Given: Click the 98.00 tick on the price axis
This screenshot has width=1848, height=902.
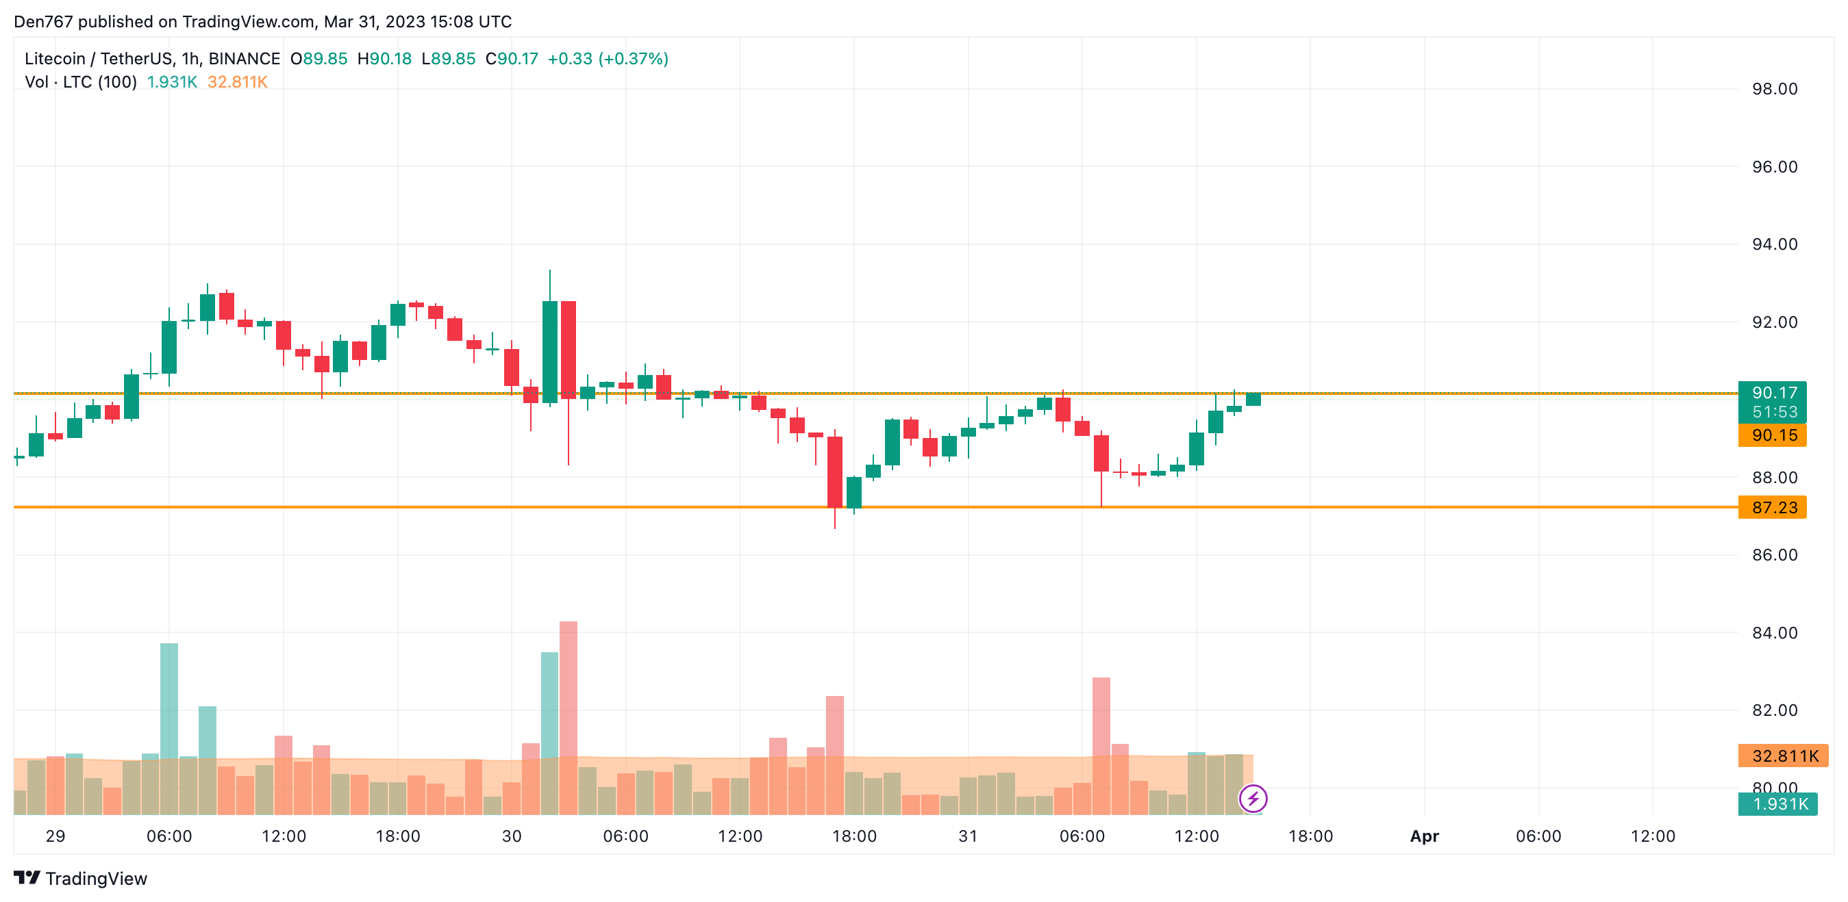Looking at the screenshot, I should point(1774,89).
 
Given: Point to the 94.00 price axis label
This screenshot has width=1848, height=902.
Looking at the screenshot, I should point(1774,244).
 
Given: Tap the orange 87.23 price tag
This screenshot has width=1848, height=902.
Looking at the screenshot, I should point(1771,508).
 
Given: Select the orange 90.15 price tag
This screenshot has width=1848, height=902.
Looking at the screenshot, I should point(1771,435).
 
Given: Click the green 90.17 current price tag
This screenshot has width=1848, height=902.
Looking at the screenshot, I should point(1771,393).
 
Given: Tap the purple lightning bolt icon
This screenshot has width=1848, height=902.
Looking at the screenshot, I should point(1253,798).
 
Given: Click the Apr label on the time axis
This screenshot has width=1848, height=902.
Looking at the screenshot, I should point(1424,836).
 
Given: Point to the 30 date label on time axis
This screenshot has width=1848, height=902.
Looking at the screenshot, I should point(512,836).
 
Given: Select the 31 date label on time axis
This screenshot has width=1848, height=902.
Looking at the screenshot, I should point(968,836).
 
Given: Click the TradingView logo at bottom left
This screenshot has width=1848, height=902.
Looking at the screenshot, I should point(80,878).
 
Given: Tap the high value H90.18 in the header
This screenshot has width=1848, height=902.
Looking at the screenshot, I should point(384,59).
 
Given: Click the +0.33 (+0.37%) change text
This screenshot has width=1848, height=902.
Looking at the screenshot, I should point(608,59).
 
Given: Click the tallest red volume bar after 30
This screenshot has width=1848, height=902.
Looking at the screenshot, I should point(569,717).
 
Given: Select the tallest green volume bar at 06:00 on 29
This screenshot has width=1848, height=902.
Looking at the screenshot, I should point(169,727).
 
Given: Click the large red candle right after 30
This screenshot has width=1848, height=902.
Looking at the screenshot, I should point(569,350).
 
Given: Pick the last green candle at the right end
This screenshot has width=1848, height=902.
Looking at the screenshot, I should point(1253,400).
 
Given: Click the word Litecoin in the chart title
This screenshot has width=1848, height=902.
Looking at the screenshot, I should point(55,59).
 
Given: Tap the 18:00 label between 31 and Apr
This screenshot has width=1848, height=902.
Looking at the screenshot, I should point(1310,836).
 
